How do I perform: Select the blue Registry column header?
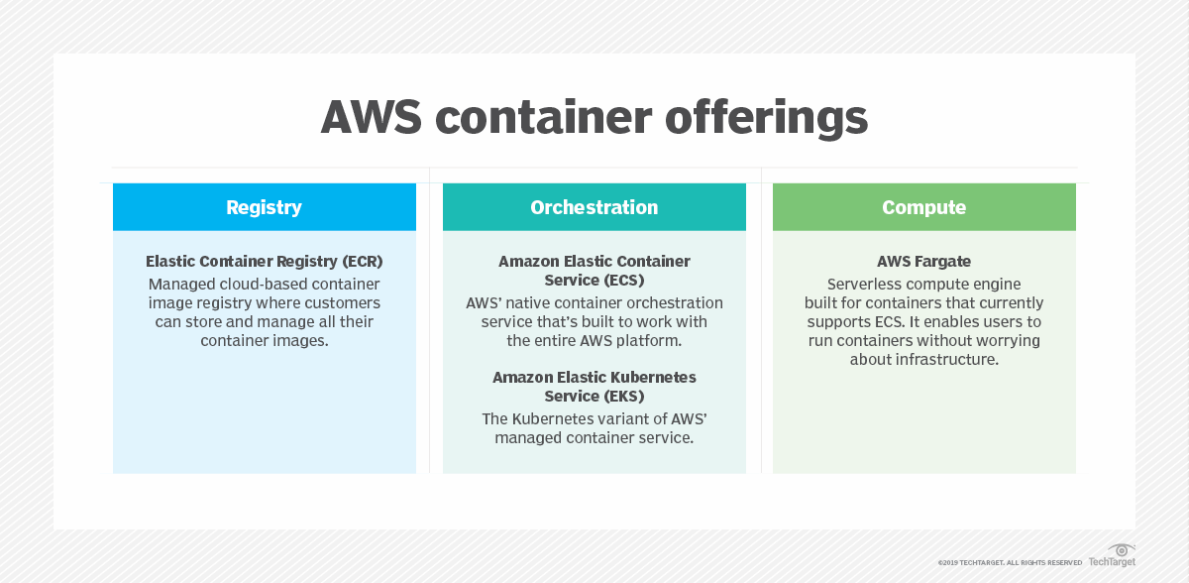(x=264, y=207)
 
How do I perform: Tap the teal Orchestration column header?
(x=594, y=207)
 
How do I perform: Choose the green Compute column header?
(x=923, y=207)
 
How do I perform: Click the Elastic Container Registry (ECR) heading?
(x=264, y=262)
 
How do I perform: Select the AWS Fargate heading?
(x=923, y=262)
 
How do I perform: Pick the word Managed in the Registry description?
(x=182, y=284)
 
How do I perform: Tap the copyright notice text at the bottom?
(x=1011, y=562)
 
